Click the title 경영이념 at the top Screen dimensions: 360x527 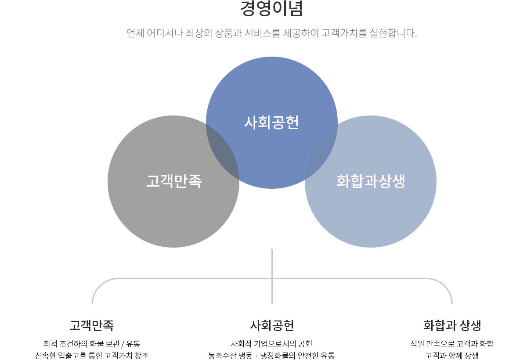point(272,9)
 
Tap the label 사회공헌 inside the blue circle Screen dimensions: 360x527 point(272,122)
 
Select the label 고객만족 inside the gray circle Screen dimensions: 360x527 point(173,181)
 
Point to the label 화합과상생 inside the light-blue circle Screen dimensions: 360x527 point(371,181)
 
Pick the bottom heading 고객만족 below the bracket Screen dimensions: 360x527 point(92,325)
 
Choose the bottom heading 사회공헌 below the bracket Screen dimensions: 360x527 point(272,325)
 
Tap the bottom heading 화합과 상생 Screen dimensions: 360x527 point(452,325)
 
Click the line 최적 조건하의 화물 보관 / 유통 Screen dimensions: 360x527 point(92,343)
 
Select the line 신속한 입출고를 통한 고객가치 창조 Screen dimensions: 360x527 point(92,355)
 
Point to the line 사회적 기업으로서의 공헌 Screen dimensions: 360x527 point(272,343)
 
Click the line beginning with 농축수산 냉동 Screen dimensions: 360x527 point(272,355)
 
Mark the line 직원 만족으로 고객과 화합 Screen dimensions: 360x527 point(452,343)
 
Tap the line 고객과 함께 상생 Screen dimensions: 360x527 point(452,355)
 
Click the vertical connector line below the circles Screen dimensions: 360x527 point(272,263)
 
